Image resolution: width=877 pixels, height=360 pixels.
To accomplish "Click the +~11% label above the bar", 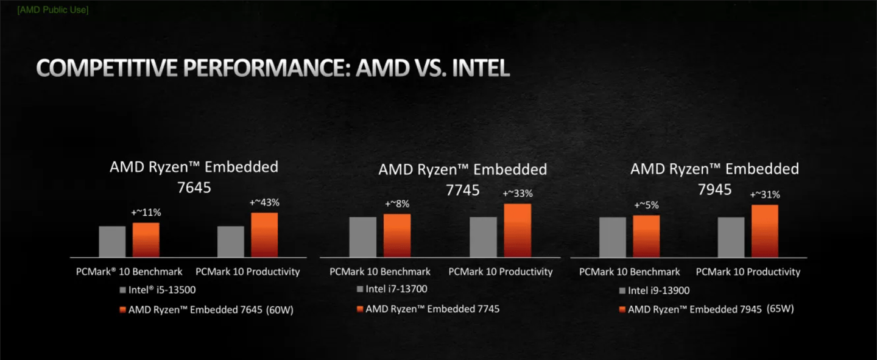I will [x=146, y=213].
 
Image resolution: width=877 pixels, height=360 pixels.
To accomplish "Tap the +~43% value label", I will [x=264, y=202].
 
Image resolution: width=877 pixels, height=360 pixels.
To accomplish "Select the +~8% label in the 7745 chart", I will [x=396, y=204].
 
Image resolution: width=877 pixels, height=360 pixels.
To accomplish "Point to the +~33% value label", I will [x=517, y=194].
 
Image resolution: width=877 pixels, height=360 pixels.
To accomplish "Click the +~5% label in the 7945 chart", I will [x=646, y=205].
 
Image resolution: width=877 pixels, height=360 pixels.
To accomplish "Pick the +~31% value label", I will [x=765, y=195].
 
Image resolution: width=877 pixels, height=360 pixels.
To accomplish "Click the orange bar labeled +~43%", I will [x=264, y=235].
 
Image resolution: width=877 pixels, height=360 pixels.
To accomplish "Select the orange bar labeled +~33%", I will [x=517, y=230].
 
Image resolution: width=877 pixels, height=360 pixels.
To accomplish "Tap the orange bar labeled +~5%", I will [x=646, y=236].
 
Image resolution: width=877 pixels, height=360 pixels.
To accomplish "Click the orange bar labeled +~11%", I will [x=146, y=239].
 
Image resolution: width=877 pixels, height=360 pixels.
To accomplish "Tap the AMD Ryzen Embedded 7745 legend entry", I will [x=432, y=309].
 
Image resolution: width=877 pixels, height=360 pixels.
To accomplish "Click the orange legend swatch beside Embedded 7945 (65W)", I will [x=622, y=309].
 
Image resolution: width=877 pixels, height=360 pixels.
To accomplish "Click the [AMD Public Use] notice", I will [x=52, y=10].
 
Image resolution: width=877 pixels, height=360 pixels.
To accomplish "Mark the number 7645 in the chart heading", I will [x=194, y=187].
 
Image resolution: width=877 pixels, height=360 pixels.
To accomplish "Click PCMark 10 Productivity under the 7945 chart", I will [x=748, y=272].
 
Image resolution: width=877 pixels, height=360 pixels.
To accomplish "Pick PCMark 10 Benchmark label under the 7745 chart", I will [x=380, y=272].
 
